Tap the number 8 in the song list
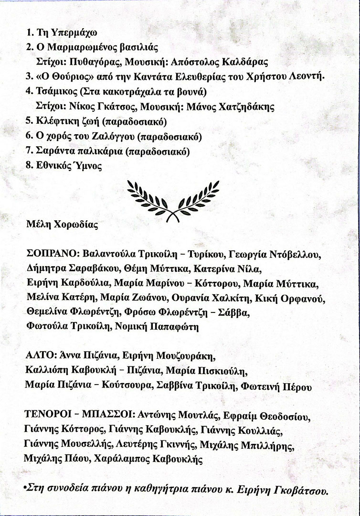[x=28, y=166]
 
